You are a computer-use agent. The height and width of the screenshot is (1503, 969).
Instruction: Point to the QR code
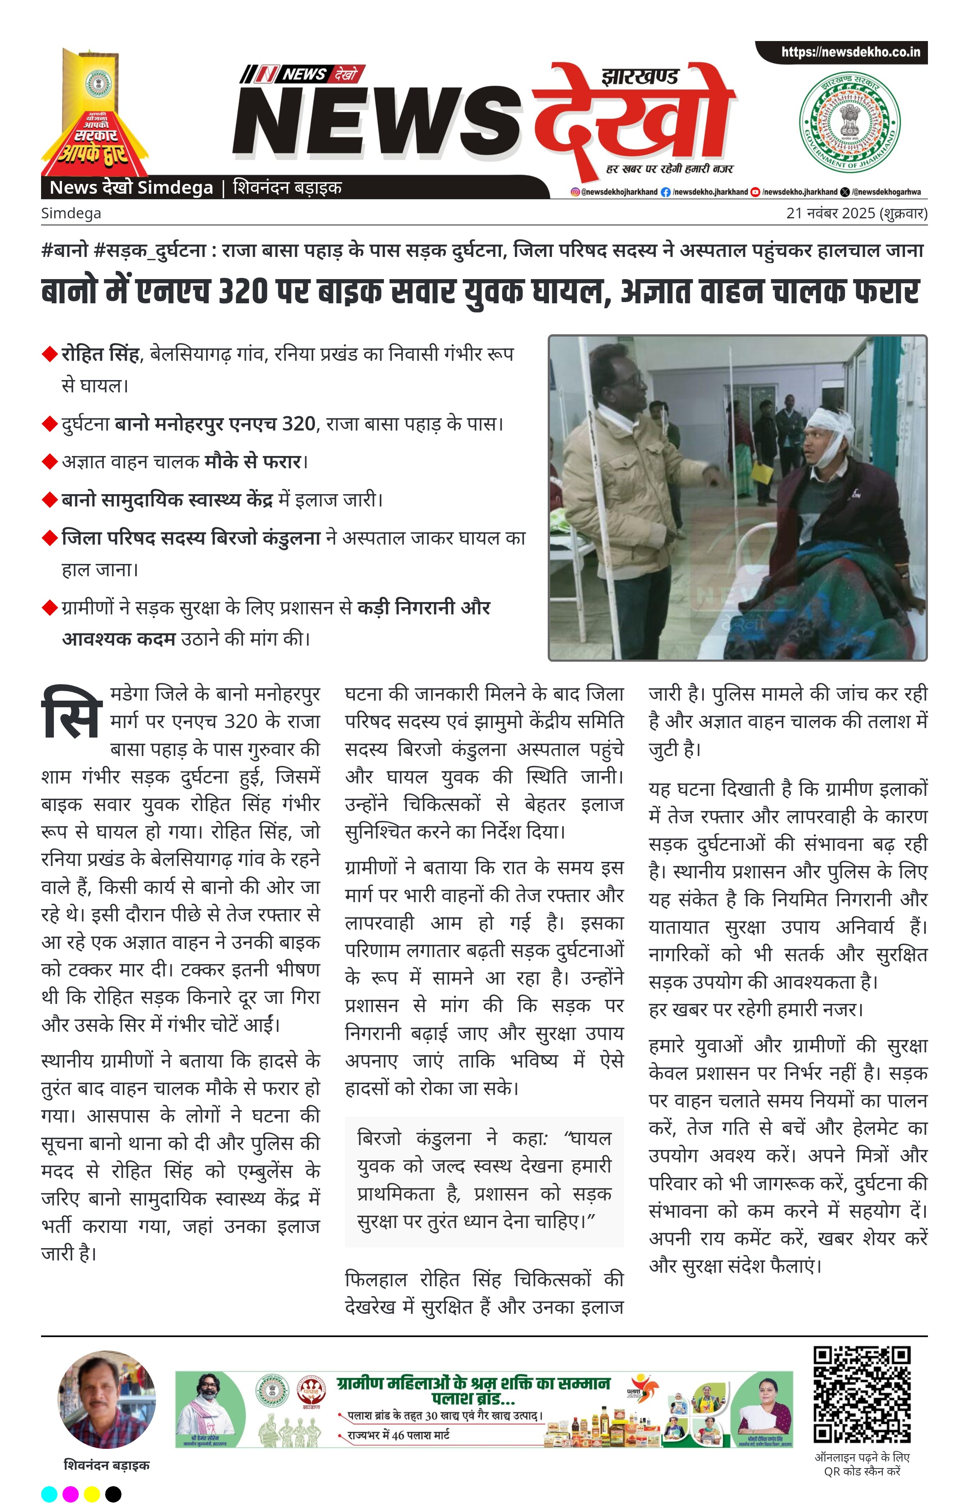pos(861,1395)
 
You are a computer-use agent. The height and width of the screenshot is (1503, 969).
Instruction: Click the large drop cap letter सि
pos(71,714)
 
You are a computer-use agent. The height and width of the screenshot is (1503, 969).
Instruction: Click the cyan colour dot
pos(49,1494)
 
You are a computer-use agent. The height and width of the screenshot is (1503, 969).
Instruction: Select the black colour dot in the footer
pos(113,1494)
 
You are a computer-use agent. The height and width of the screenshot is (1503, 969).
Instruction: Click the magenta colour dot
pos(71,1494)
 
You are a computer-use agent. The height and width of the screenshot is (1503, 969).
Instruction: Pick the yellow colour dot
pos(92,1494)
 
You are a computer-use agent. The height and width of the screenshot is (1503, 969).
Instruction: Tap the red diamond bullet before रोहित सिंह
pos(49,354)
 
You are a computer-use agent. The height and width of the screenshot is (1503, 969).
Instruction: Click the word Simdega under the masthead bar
pos(71,213)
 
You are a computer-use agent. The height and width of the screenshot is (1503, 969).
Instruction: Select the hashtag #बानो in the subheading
pos(65,251)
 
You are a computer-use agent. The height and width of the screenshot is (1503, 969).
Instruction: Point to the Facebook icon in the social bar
pos(665,192)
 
